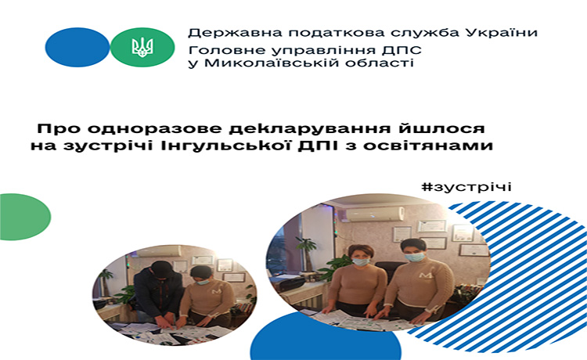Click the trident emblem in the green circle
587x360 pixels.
[x=142, y=48]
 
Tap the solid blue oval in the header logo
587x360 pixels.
[x=77, y=47]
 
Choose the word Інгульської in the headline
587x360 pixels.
[x=226, y=146]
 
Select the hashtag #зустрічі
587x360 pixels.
[x=466, y=186]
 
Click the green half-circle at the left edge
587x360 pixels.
[x=25, y=217]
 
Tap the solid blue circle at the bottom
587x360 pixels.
[x=326, y=337]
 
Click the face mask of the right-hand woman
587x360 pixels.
[x=415, y=257]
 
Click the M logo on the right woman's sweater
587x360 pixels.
[x=426, y=275]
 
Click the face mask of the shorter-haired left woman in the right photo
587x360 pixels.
[x=362, y=262]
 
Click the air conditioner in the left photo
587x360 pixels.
[x=159, y=251]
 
